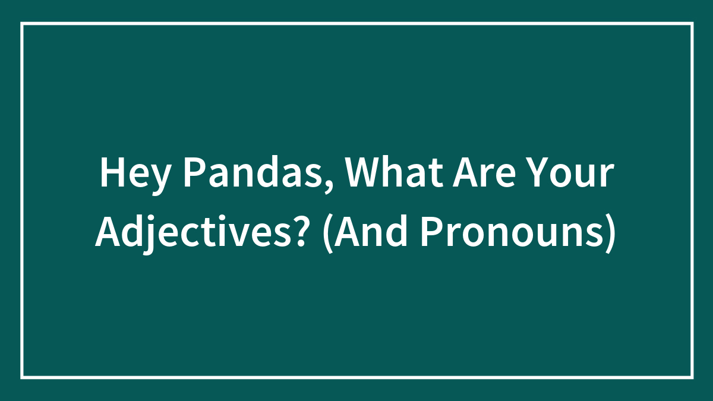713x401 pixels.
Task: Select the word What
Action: (395, 172)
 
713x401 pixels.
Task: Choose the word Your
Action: (571, 173)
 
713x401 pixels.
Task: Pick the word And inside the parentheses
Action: (371, 231)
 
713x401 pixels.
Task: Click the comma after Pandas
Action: (329, 187)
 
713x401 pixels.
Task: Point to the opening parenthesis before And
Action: (327, 233)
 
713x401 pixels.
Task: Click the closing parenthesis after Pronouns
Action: (611, 233)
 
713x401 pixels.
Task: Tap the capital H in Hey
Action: (112, 172)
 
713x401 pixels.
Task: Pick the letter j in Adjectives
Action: (149, 235)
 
